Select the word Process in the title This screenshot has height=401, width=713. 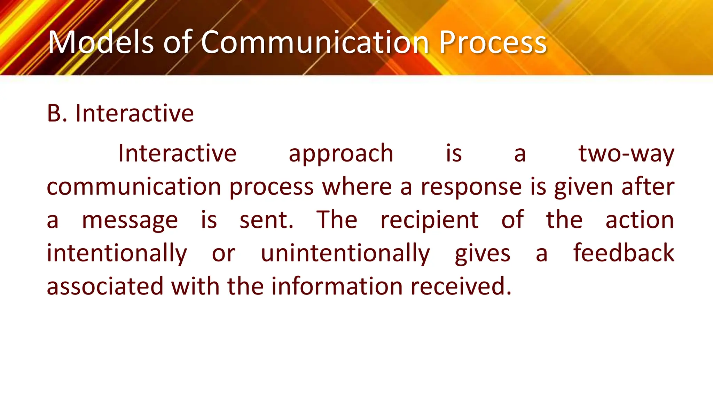point(493,42)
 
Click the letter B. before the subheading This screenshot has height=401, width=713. point(57,113)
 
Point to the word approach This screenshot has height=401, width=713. point(341,154)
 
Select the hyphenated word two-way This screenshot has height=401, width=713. point(626,154)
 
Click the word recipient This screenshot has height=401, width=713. point(429,220)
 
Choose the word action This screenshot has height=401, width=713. point(640,220)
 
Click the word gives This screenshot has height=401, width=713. point(483,253)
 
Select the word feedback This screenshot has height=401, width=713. point(624,253)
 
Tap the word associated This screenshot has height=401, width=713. point(105,286)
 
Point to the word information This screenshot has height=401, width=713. point(337,286)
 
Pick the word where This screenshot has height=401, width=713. point(357,187)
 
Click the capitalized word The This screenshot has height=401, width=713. point(337,220)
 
